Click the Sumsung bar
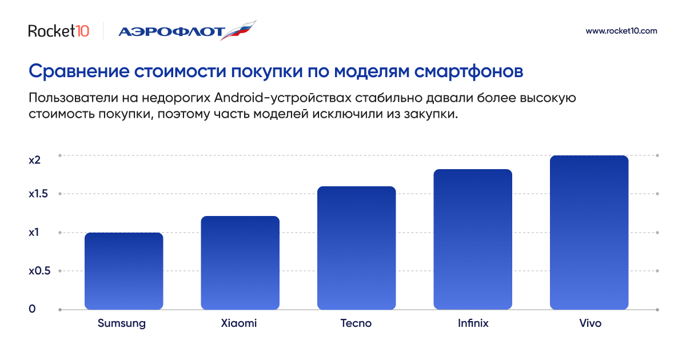(123, 271)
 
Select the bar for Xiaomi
(240, 263)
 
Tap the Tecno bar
(357, 248)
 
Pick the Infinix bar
(473, 239)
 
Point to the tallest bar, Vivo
(589, 233)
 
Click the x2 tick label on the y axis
(35, 160)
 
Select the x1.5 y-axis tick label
(38, 194)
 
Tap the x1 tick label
(34, 233)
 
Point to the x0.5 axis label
(39, 271)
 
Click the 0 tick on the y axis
(32, 309)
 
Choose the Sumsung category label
(122, 323)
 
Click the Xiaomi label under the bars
(239, 323)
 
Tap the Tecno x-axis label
(356, 323)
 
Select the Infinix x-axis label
(473, 323)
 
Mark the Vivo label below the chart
(590, 323)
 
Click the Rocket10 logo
(59, 31)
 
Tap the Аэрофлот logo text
(172, 32)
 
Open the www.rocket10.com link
(621, 31)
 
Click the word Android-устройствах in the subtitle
(282, 98)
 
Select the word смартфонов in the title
(469, 71)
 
